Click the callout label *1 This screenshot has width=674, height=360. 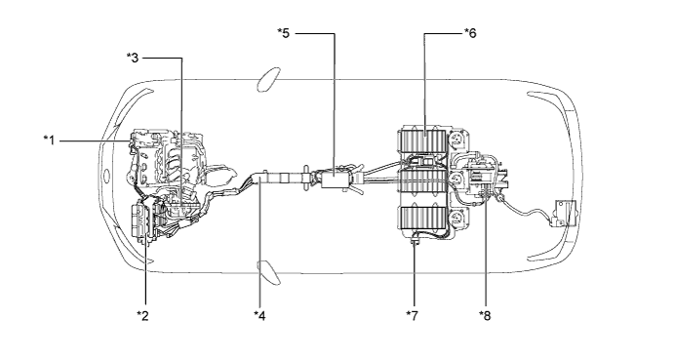(50, 140)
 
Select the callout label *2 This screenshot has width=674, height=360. (142, 316)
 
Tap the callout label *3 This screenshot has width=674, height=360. (133, 58)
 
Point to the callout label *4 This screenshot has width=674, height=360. (259, 316)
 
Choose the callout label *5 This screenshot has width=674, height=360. (284, 33)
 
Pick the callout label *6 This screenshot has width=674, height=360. (470, 33)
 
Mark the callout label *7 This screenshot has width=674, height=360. (412, 316)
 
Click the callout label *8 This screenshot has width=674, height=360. (485, 316)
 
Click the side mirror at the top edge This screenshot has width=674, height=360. (267, 80)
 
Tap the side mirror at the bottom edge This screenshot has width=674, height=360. (268, 273)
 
